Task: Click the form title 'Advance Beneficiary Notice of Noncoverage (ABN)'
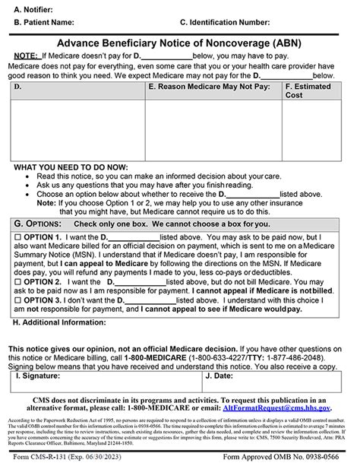click(x=179, y=43)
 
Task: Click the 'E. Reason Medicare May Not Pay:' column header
click(x=209, y=87)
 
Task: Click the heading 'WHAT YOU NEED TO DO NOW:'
click(x=66, y=166)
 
